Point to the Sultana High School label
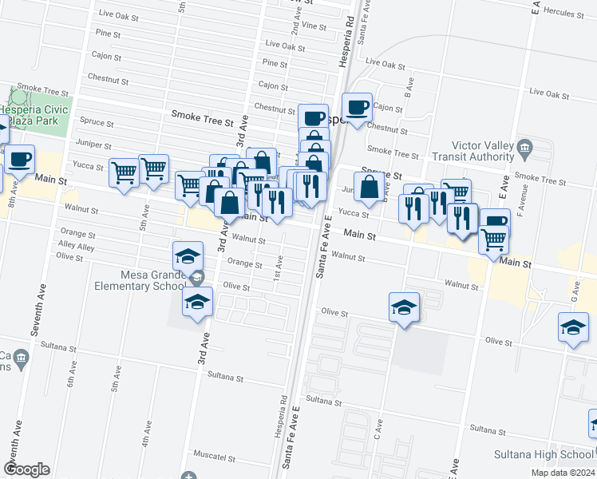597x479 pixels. pyautogui.click(x=555, y=455)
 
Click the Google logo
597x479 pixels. pyautogui.click(x=27, y=469)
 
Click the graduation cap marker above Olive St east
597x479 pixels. pyautogui.click(x=405, y=306)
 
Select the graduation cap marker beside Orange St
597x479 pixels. pyautogui.click(x=188, y=255)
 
